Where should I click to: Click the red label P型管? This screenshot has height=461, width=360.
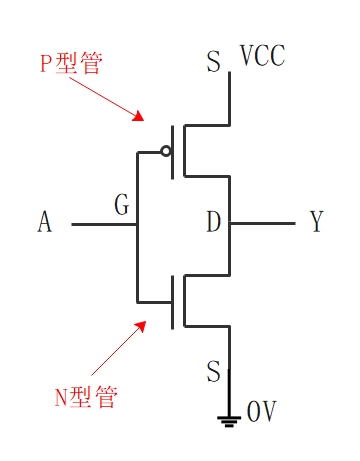(x=72, y=63)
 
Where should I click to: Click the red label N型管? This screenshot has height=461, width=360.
(x=85, y=397)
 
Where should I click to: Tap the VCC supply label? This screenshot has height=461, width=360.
(x=262, y=56)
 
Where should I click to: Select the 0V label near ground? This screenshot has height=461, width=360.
(x=260, y=412)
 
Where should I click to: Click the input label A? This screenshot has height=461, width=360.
(x=44, y=223)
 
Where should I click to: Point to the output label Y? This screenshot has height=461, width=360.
(x=317, y=223)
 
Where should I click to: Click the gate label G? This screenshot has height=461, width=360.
(x=122, y=207)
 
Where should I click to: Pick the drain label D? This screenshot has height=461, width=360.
(x=213, y=223)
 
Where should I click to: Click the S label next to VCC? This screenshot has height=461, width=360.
(x=213, y=64)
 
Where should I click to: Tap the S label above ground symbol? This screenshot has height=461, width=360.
(x=213, y=373)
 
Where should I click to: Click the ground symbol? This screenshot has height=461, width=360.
(x=230, y=417)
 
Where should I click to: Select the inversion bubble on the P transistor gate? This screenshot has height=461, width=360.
(x=166, y=152)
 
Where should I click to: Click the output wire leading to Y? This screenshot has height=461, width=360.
(x=262, y=224)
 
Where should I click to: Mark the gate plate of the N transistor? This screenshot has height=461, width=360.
(x=173, y=301)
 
